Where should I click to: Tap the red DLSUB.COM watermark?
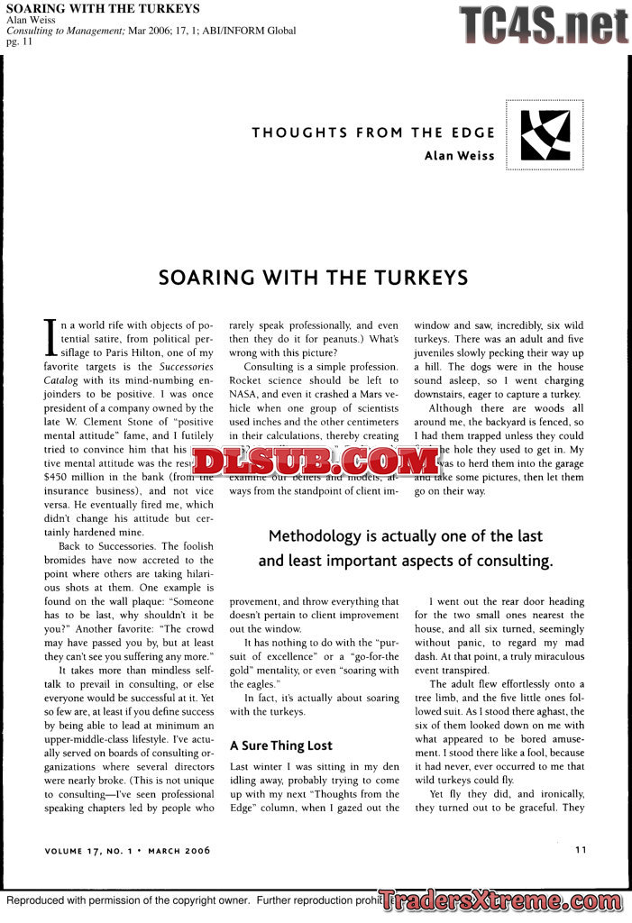coord(315,461)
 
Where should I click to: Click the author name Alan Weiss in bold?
coord(459,155)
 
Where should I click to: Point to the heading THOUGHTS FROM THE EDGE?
coord(373,133)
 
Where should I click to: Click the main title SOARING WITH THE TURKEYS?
coord(313,277)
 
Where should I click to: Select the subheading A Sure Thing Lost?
coord(280,745)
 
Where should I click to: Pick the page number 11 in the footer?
coord(581,848)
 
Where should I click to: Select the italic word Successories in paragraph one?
coord(185,368)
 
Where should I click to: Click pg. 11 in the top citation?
coord(19,41)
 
